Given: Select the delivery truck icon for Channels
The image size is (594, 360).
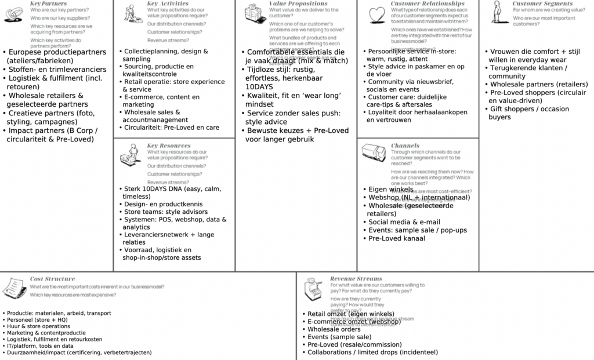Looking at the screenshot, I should [374, 152].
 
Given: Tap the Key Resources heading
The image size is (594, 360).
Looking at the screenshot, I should [168, 146].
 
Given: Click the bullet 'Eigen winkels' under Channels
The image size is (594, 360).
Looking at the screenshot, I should [391, 190].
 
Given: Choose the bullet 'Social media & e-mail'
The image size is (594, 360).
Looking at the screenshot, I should [404, 222].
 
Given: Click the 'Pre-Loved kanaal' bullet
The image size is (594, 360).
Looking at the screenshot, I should [397, 238].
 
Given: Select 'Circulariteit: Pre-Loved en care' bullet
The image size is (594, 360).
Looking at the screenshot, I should [172, 127].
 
